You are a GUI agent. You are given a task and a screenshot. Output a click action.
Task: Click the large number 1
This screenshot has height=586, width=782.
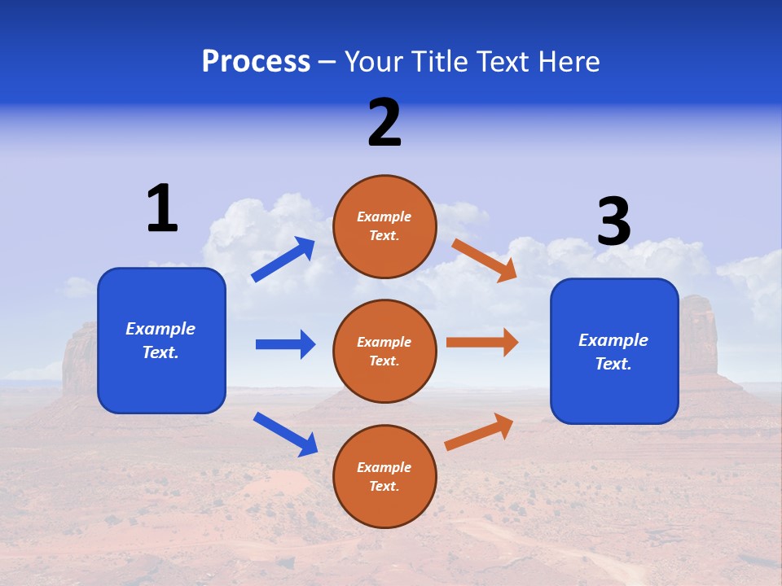(x=162, y=208)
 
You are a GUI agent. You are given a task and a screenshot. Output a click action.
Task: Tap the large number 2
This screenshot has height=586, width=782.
(x=384, y=123)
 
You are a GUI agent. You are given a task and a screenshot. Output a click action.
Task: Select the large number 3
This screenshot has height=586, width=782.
(x=613, y=222)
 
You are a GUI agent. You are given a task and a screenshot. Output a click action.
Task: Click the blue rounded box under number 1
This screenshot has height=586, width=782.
(x=161, y=340)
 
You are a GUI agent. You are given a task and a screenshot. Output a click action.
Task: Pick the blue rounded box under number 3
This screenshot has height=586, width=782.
(x=614, y=351)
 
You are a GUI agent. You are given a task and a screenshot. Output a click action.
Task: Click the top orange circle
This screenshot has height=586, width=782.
(x=384, y=226)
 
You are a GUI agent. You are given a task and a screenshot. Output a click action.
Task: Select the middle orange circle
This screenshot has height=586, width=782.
(x=384, y=351)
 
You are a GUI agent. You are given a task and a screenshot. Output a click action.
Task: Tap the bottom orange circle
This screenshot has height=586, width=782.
(x=384, y=476)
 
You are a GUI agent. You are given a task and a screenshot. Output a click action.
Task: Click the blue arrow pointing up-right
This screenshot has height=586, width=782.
(x=283, y=260)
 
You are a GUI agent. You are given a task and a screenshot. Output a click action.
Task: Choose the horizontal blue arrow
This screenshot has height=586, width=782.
(x=285, y=344)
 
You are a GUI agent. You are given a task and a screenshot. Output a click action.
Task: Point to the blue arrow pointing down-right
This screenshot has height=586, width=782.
(x=285, y=434)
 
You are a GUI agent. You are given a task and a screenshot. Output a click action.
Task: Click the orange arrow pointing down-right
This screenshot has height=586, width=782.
(x=484, y=260)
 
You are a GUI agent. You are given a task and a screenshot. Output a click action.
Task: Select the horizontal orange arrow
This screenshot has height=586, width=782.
(x=482, y=343)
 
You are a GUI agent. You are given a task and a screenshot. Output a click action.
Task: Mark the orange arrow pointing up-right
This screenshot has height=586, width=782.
(x=479, y=431)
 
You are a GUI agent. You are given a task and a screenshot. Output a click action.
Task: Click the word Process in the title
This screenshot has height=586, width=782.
(x=256, y=61)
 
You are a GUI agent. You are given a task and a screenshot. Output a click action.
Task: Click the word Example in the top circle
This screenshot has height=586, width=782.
(x=384, y=216)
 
